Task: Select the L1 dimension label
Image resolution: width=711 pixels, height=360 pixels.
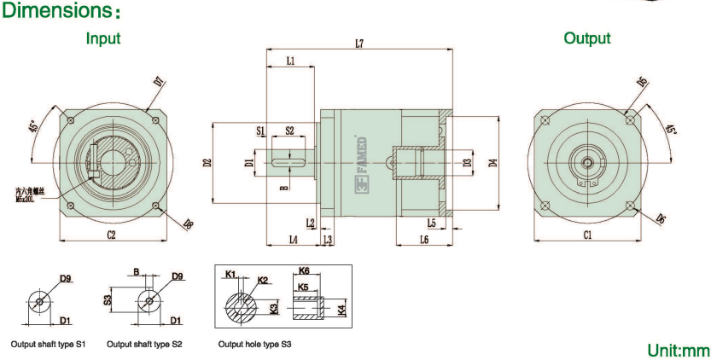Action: (x=290, y=61)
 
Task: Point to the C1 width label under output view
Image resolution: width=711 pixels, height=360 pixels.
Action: (x=587, y=235)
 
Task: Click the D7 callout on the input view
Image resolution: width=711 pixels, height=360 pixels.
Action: (x=159, y=83)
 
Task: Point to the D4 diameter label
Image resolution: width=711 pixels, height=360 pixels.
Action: (x=493, y=162)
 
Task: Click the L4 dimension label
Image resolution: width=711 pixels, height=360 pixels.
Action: (x=293, y=241)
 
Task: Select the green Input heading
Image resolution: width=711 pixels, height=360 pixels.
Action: (x=103, y=38)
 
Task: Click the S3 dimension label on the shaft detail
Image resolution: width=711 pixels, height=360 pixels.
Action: (x=109, y=299)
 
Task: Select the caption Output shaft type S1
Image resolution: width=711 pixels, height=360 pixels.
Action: (x=47, y=344)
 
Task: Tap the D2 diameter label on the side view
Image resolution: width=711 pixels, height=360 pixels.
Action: (x=207, y=161)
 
